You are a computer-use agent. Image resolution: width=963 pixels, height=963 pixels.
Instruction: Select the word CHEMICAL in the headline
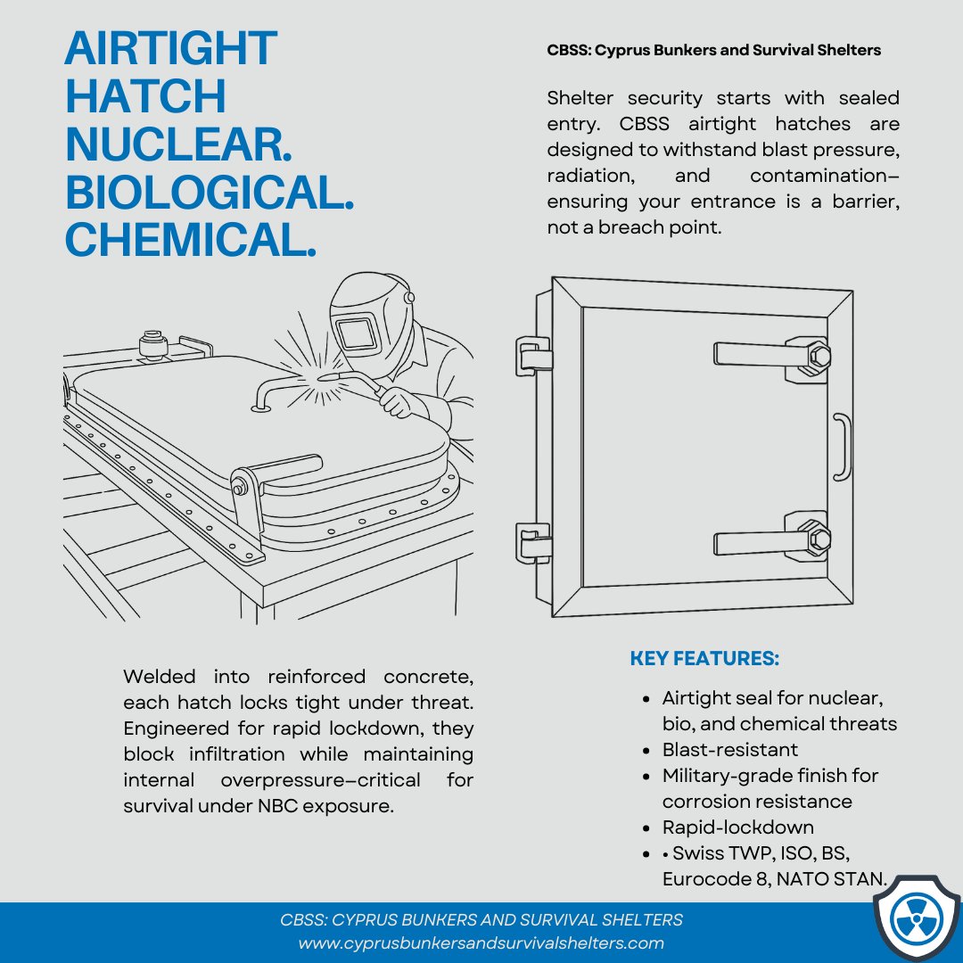pos(191,241)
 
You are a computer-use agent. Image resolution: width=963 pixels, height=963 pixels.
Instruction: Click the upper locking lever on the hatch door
pos(758,355)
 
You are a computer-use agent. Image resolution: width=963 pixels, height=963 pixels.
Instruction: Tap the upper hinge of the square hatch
pos(532,354)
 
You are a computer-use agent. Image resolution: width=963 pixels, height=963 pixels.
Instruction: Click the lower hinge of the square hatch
pos(532,542)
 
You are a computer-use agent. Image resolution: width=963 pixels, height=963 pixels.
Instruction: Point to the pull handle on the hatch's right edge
pos(842,446)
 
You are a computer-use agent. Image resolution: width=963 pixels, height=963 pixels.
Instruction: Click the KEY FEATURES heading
pos(704,659)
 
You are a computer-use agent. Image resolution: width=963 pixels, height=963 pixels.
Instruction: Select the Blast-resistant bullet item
pos(729,749)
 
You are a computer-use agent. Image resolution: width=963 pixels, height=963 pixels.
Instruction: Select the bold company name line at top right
pos(713,51)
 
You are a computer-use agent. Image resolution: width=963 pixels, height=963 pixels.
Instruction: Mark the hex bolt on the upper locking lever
pos(819,356)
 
